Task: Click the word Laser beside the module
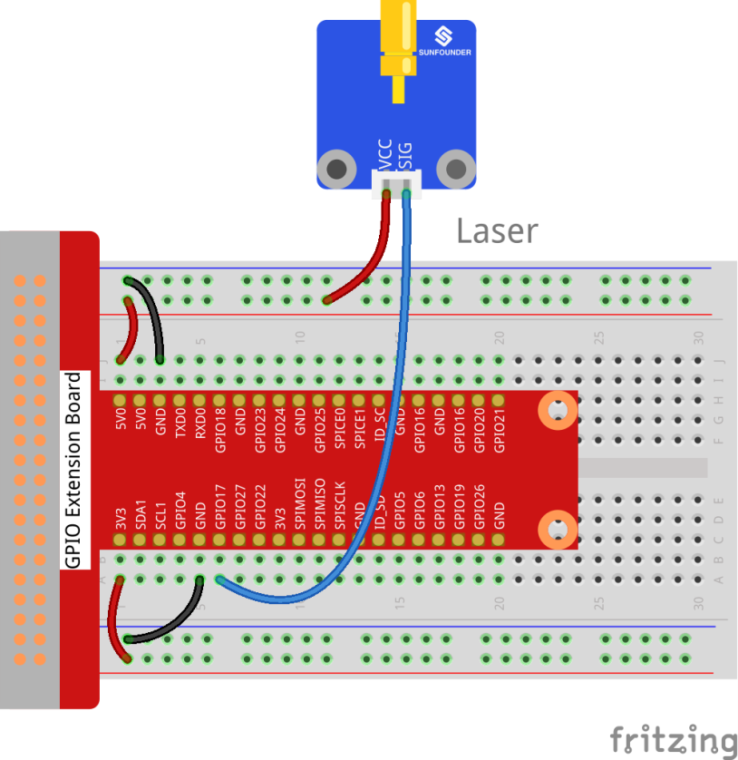pos(497,231)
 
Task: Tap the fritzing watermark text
pos(672,738)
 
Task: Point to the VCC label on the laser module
pos(385,156)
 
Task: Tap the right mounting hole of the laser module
pos(456,169)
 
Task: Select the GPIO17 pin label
pos(220,518)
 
